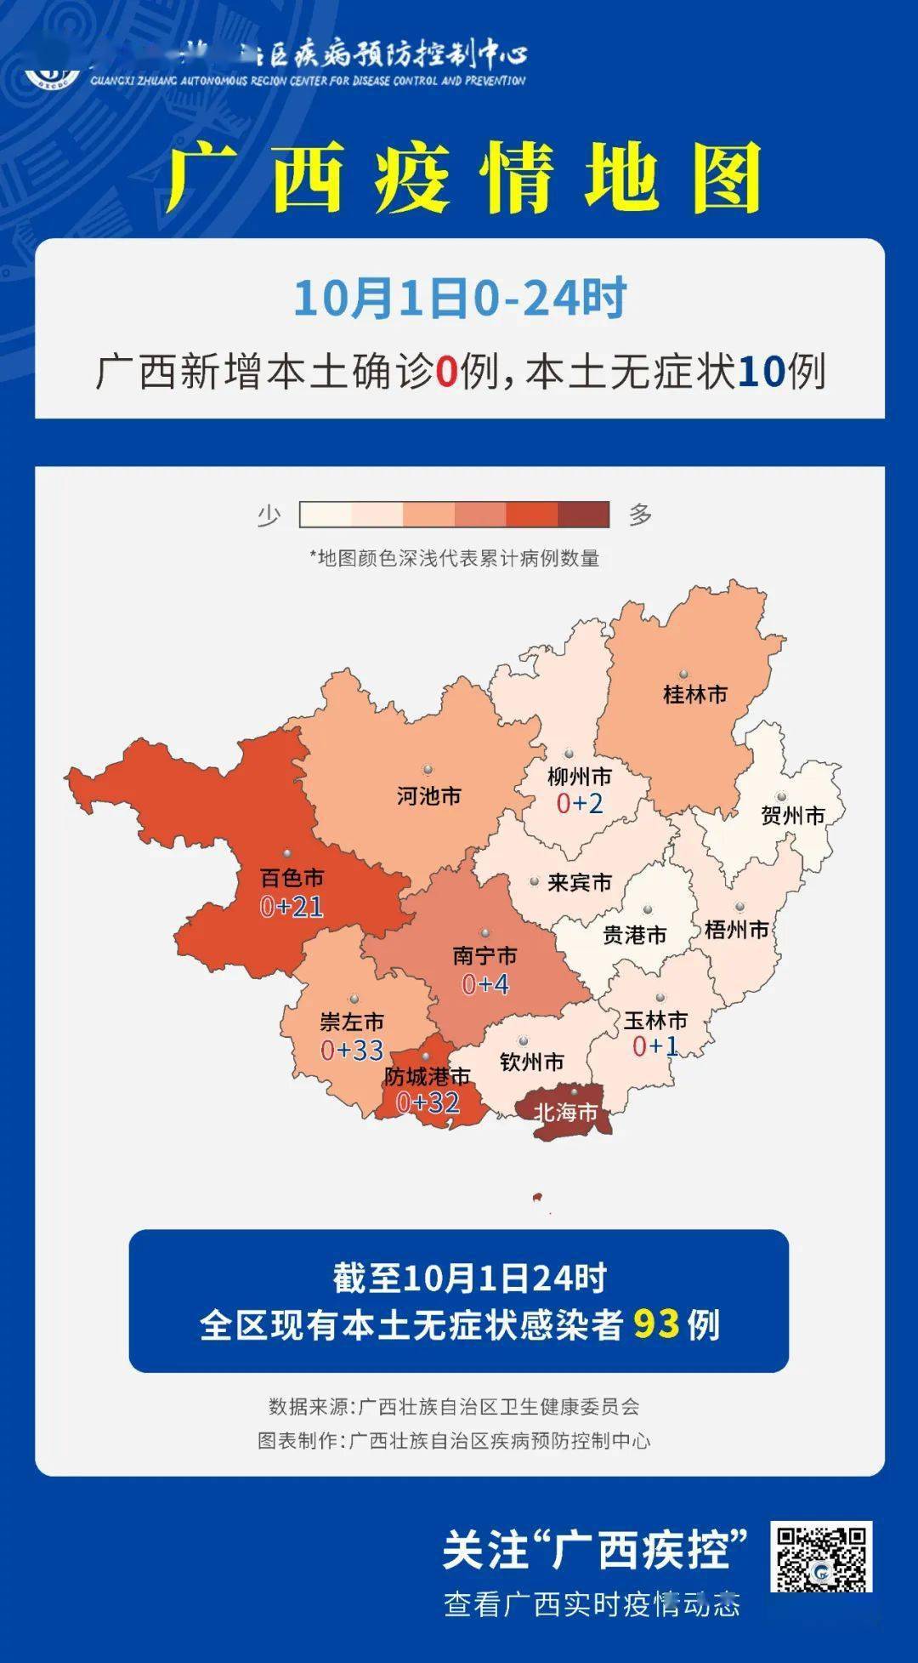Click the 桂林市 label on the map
tap(694, 694)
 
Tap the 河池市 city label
tap(428, 796)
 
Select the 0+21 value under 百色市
tap(292, 907)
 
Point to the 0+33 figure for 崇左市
tap(352, 1051)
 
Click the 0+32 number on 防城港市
tap(428, 1103)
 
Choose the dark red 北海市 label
tap(565, 1113)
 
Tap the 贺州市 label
tap(792, 816)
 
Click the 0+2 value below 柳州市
tap(580, 803)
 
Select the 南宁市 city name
tap(484, 956)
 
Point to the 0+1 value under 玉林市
tap(654, 1046)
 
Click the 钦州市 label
tap(532, 1062)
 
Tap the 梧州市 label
tap(736, 930)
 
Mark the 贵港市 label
tap(634, 936)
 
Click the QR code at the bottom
tap(821, 1557)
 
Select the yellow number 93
tap(656, 1324)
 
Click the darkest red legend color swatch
tap(584, 515)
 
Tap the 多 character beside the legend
tap(640, 515)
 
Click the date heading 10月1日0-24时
tap(460, 298)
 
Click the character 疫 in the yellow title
tap(411, 179)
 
